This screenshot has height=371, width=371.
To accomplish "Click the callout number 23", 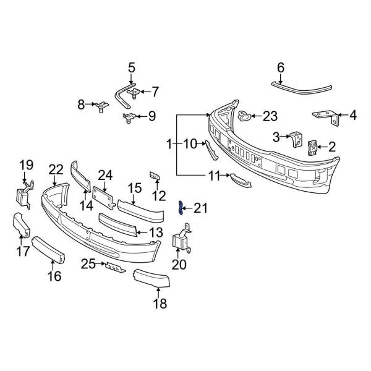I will [x=270, y=116].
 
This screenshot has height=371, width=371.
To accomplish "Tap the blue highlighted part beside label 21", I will [x=181, y=208].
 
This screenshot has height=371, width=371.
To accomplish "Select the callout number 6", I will [x=280, y=67].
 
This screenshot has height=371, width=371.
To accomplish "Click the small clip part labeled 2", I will [x=313, y=147].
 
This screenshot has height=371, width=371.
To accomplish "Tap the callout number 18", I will [x=160, y=303].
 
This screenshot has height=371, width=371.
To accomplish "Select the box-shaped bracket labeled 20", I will [x=181, y=241].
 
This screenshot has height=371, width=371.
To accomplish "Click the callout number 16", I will [x=55, y=276].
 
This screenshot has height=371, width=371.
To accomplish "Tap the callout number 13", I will [x=156, y=232].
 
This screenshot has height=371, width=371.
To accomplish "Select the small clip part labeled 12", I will [x=155, y=177].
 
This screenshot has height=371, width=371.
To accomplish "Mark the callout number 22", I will [x=56, y=169].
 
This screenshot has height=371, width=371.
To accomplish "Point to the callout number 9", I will [x=151, y=116].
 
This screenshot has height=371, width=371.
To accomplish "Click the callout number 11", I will [x=214, y=176].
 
